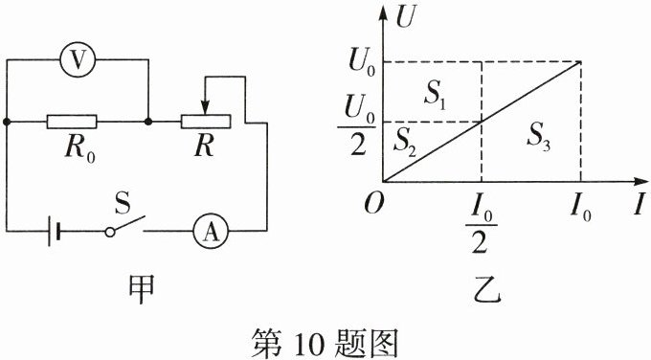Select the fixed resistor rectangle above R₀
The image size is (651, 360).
72,123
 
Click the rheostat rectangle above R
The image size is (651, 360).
206,123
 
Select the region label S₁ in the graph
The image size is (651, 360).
435,93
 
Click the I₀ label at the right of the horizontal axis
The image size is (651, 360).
580,207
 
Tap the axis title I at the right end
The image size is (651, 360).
636,203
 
